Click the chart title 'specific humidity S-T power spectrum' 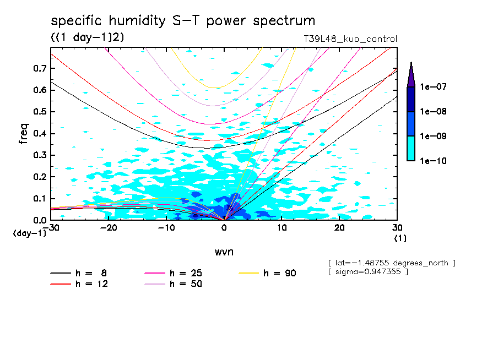pos(183,21)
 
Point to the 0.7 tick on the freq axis pos(39,68)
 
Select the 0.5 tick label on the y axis pos(39,112)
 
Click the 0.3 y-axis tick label pos(39,155)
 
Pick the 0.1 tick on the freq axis pos(39,199)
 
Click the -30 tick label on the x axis pos(51,227)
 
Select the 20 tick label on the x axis pos(339,227)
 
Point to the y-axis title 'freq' pos(24,134)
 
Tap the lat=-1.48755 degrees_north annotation pos(391,263)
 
